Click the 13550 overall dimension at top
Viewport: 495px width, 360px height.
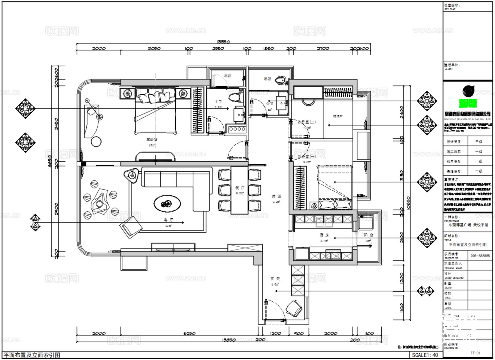[x=223, y=42]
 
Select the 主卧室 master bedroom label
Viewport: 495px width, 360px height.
[x=152, y=140]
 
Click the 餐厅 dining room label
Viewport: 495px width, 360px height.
[x=240, y=188]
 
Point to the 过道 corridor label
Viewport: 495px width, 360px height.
[x=276, y=196]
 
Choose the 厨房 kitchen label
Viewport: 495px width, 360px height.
[x=324, y=235]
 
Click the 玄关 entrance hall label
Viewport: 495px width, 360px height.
[x=275, y=279]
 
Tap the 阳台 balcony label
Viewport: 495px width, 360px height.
[x=368, y=235]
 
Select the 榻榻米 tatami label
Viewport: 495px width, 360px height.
[x=338, y=116]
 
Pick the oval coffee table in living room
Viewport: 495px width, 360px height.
[x=167, y=204]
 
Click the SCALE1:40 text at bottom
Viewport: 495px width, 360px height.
[x=425, y=355]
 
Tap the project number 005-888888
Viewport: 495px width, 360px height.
[x=480, y=255]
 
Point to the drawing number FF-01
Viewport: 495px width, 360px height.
[x=475, y=353]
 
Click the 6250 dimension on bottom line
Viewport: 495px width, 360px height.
[x=189, y=333]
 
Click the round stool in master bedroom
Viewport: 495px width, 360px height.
[x=96, y=142]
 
